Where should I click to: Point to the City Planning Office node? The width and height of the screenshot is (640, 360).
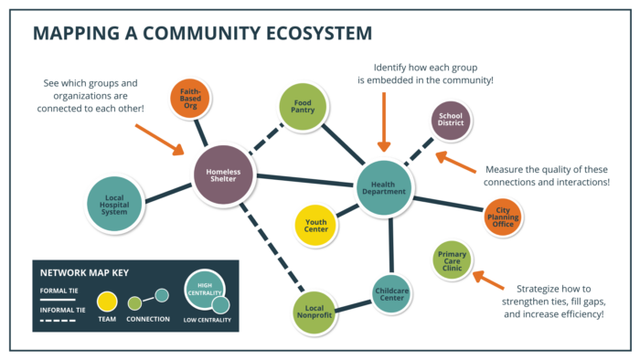tap(504, 217)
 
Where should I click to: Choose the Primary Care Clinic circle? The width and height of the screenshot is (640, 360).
tap(453, 260)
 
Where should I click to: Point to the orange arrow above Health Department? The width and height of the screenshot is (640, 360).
tap(383, 119)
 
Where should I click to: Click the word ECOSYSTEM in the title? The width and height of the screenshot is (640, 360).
tap(302, 34)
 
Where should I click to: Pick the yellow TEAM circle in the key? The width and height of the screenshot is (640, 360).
tap(106, 300)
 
